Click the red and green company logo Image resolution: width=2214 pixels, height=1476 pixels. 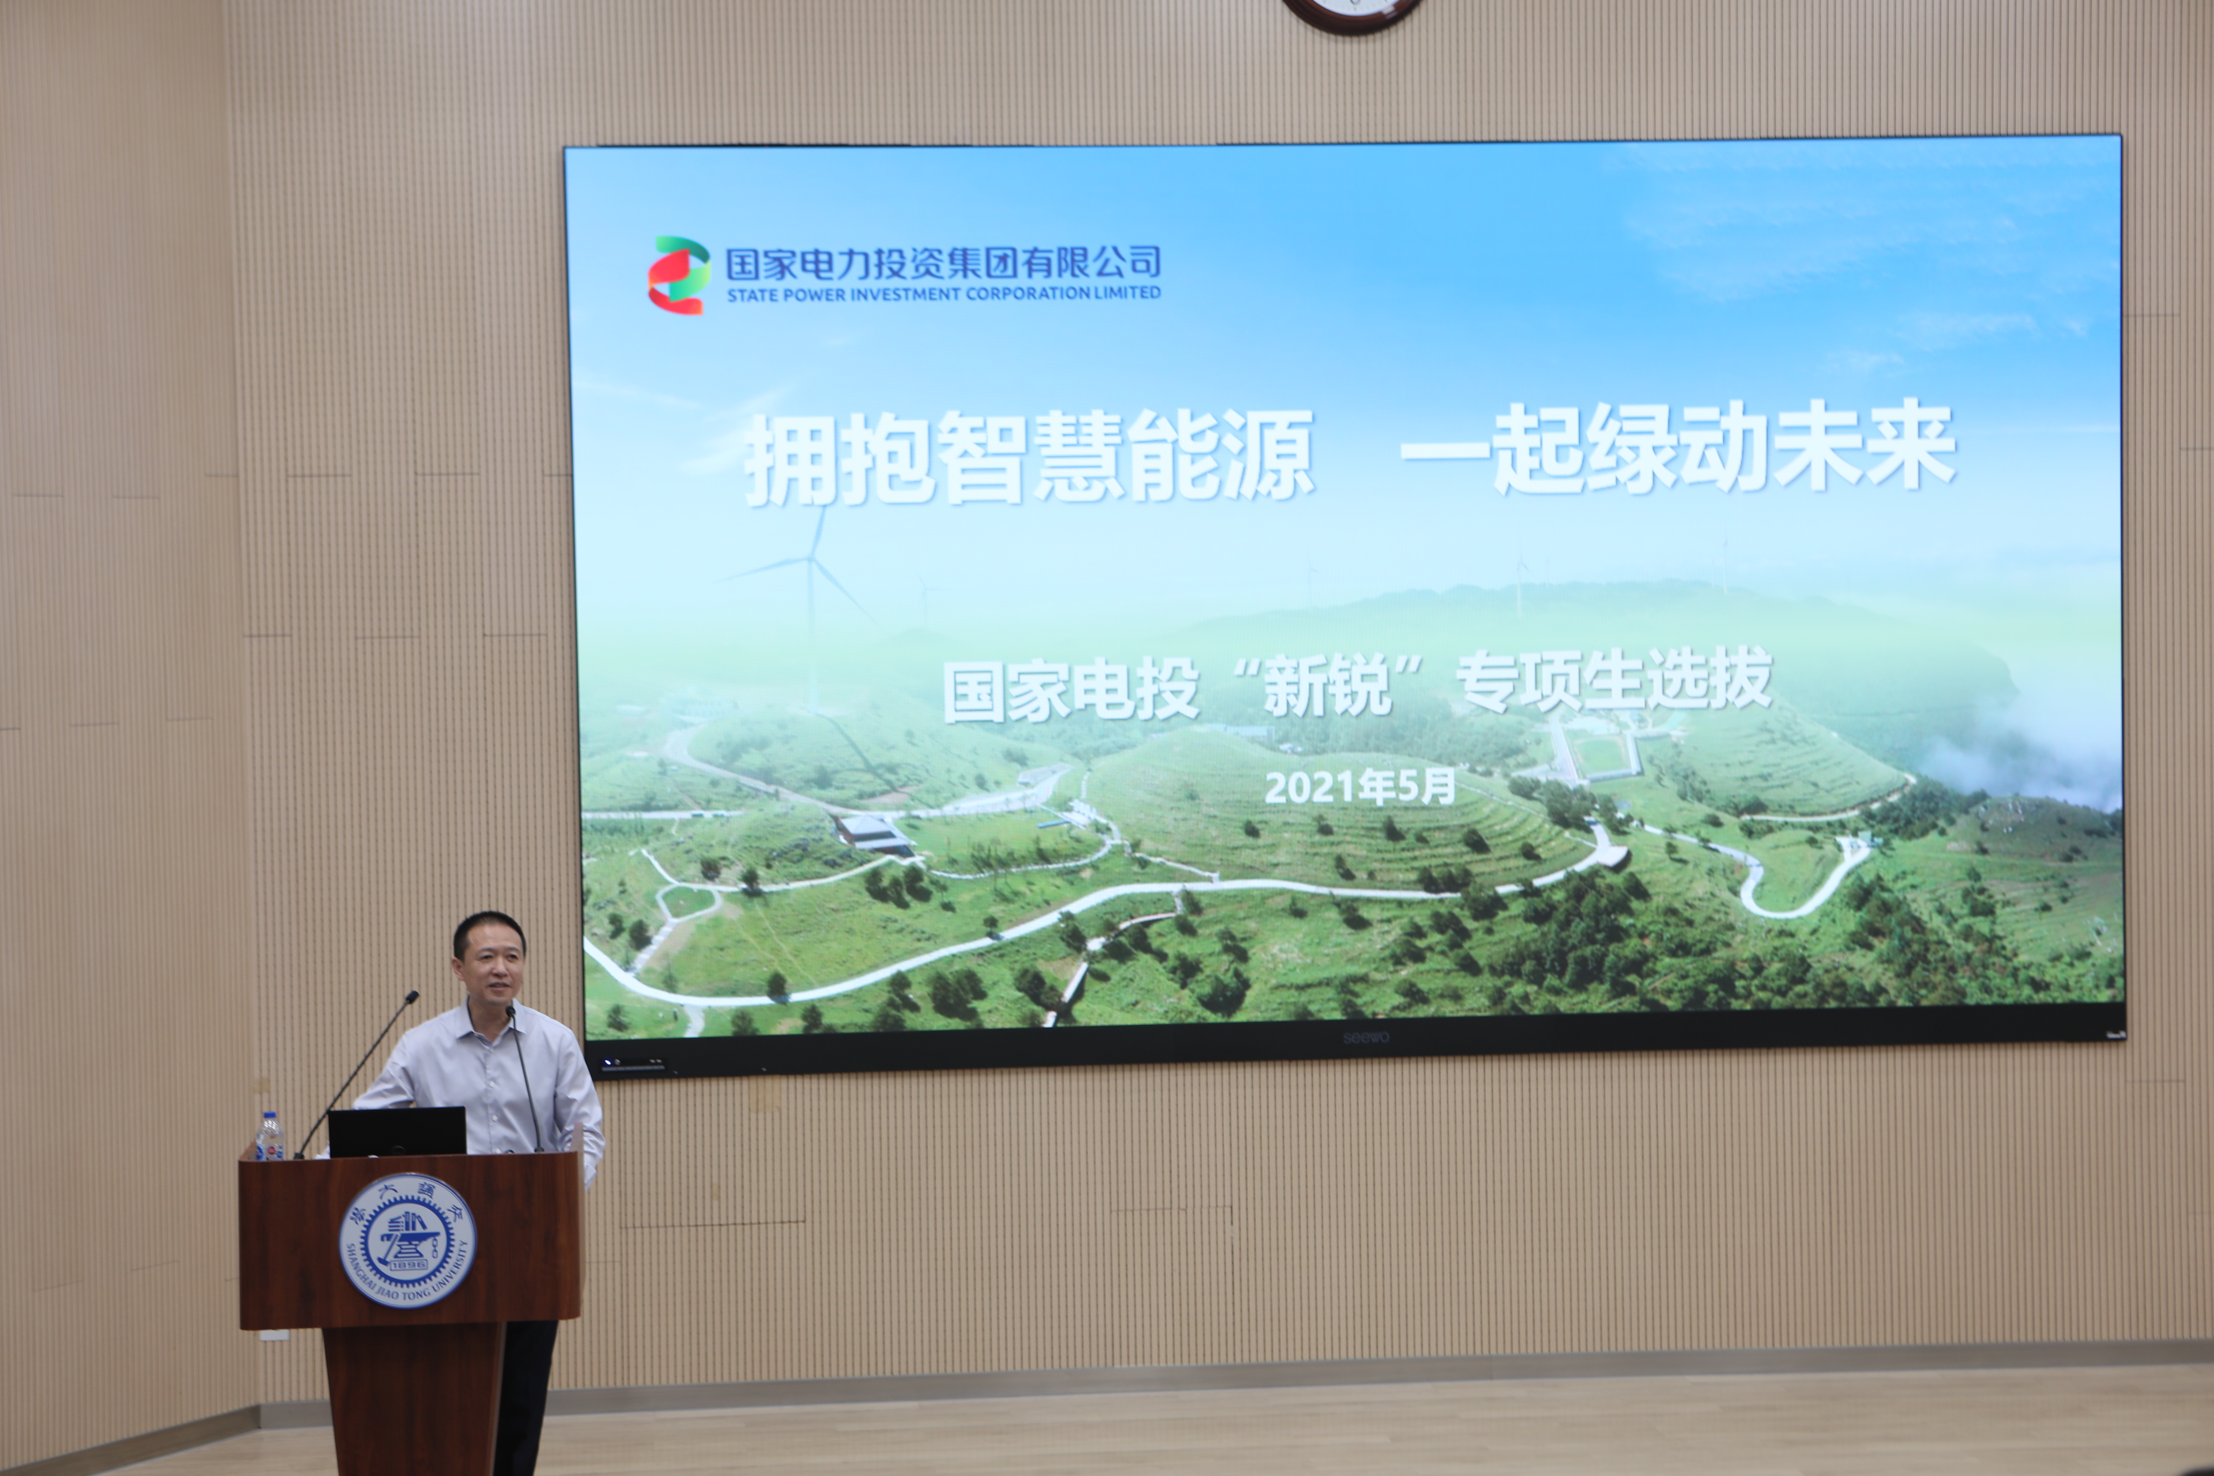[678, 274]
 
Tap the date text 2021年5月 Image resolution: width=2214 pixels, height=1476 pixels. [1359, 787]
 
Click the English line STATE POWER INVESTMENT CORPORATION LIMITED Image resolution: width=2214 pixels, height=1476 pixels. [943, 294]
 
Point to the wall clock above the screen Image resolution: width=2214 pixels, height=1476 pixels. [1352, 11]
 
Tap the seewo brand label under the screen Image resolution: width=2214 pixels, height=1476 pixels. [1365, 1038]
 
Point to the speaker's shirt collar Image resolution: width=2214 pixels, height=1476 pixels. [490, 1019]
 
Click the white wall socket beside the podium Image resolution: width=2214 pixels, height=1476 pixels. [273, 1335]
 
